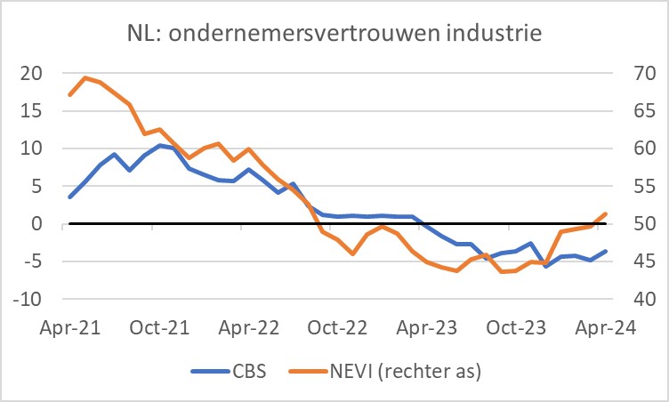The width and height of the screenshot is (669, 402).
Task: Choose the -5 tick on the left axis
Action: click(31, 261)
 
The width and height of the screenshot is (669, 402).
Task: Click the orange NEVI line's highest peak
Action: click(85, 77)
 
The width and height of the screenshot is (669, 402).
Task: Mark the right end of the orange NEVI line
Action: click(606, 213)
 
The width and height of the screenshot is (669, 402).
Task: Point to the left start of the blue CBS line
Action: click(69, 197)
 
